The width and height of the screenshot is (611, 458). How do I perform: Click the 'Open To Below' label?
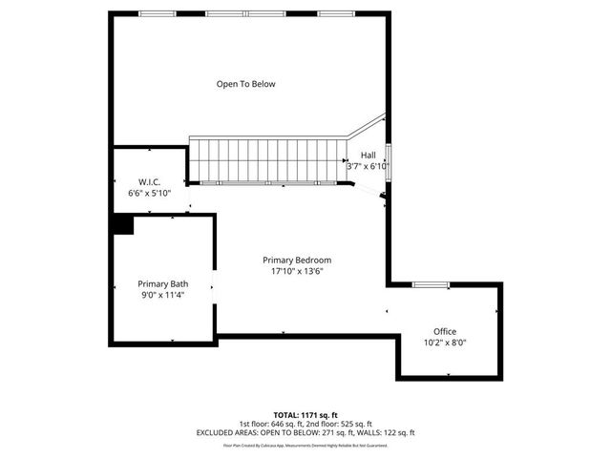[x=245, y=84]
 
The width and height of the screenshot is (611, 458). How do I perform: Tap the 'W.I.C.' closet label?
[x=149, y=180]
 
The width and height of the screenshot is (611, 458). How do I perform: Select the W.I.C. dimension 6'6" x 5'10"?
[x=149, y=193]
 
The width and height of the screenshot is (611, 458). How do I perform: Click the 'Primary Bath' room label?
[x=162, y=283]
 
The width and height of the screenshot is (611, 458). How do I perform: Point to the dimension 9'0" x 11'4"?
[x=162, y=295]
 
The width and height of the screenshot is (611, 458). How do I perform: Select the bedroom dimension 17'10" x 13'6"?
[x=298, y=271]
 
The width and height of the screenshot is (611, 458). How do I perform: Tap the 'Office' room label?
[x=445, y=331]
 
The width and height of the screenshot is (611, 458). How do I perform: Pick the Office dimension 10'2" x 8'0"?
[x=445, y=343]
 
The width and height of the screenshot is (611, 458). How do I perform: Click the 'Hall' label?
[x=368, y=156]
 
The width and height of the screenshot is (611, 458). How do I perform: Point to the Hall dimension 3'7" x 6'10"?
[x=368, y=167]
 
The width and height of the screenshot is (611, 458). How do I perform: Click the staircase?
[x=267, y=159]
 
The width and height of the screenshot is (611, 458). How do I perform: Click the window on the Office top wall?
[x=431, y=284]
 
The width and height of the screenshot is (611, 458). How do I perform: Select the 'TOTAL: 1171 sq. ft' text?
[x=305, y=415]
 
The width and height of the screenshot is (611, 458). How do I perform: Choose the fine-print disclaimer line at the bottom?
[x=305, y=445]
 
